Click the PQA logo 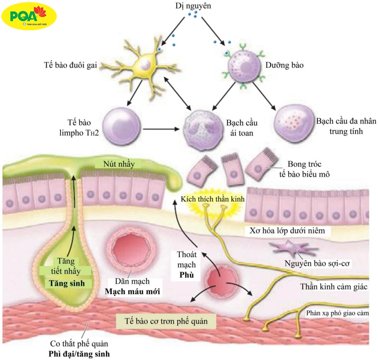click(29, 16)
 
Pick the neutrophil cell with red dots click(294, 123)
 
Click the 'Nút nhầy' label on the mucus click(121, 164)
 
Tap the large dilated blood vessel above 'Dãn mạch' click(128, 247)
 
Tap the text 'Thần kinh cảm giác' click(334, 287)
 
